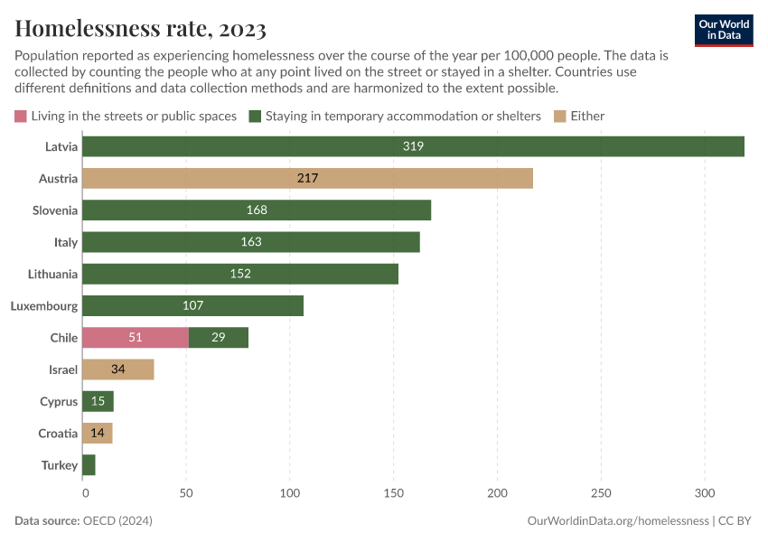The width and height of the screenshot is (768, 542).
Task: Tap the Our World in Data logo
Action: tap(723, 30)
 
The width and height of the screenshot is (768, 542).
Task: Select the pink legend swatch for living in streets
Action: tap(21, 116)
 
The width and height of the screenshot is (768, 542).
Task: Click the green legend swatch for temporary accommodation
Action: tap(256, 116)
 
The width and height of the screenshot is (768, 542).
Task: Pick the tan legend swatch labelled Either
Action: tap(560, 116)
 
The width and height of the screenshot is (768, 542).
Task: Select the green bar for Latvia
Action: tap(413, 146)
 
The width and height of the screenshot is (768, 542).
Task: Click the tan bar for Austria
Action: tap(307, 178)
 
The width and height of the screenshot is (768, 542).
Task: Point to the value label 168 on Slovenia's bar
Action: tap(257, 210)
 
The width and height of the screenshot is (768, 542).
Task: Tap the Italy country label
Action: tap(66, 242)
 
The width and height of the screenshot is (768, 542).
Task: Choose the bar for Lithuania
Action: tap(240, 274)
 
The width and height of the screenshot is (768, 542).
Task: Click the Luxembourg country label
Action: tap(44, 306)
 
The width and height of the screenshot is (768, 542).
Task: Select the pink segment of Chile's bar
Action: tap(136, 338)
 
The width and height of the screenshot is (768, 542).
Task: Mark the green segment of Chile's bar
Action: tap(219, 338)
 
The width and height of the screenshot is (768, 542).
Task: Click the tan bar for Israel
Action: tap(117, 369)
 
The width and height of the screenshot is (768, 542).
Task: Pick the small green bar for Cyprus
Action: tap(98, 401)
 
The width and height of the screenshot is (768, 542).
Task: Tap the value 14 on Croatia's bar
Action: tap(98, 434)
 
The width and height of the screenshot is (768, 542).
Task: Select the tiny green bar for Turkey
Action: tap(89, 465)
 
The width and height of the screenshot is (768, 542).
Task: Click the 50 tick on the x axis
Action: tap(186, 493)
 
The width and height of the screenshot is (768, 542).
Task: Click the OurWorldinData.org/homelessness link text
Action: tap(616, 521)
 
